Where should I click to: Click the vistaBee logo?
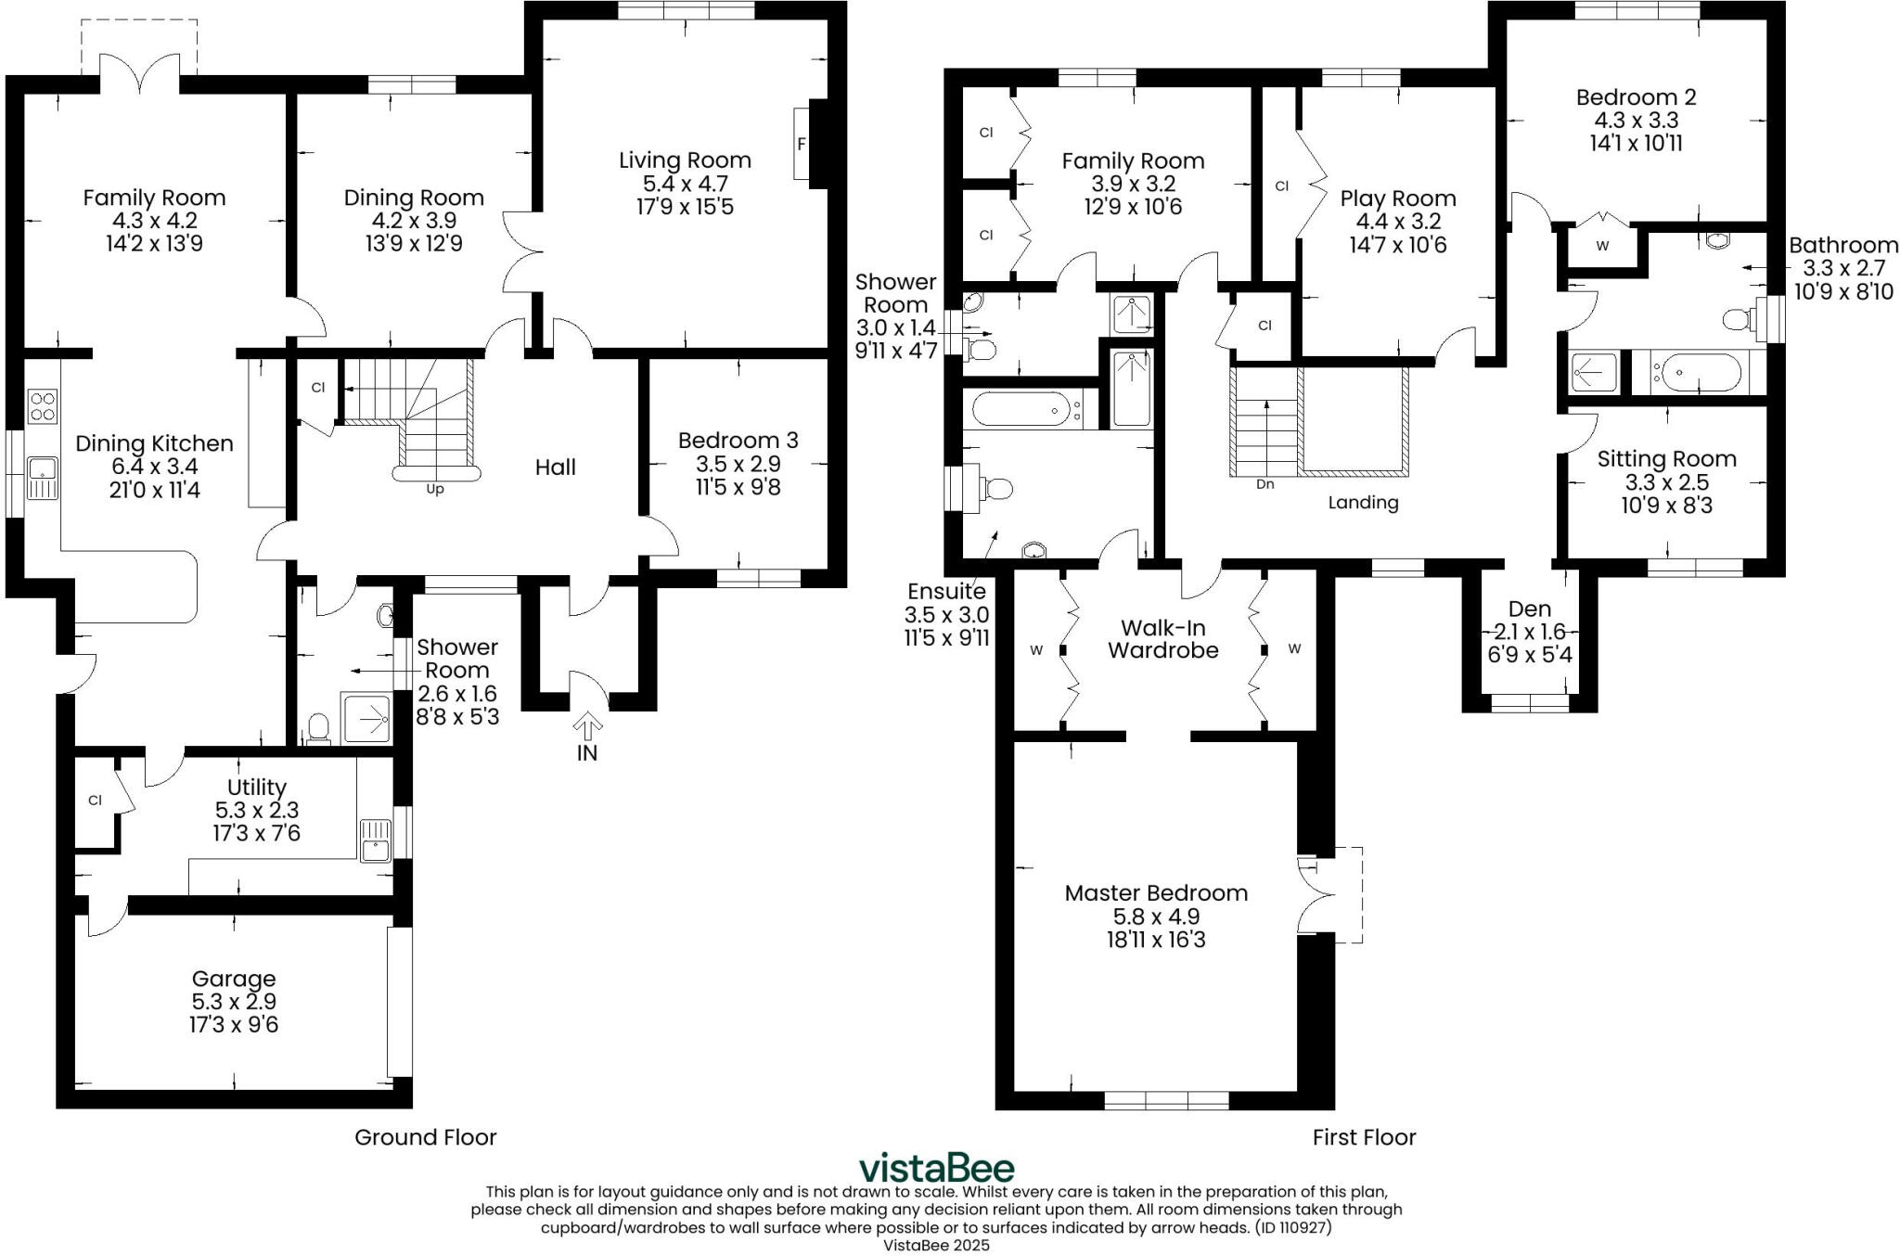click(x=936, y=1168)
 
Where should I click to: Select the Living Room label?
click(x=685, y=160)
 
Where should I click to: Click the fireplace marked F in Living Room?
click(x=802, y=144)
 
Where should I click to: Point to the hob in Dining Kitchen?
click(x=43, y=405)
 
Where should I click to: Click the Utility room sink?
click(x=375, y=840)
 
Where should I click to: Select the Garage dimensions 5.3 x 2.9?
click(x=233, y=1002)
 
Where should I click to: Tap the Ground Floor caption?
click(x=426, y=1137)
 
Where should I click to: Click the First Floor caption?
click(x=1364, y=1137)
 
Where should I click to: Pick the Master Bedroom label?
click(x=1156, y=893)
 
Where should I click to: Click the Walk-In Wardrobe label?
click(x=1162, y=639)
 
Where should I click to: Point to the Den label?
click(x=1530, y=609)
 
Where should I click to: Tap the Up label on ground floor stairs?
click(x=434, y=489)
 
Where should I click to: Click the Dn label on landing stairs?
click(x=1265, y=484)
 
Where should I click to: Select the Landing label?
click(x=1363, y=503)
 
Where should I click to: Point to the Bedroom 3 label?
click(x=738, y=441)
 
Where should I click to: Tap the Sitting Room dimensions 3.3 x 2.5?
click(x=1666, y=482)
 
